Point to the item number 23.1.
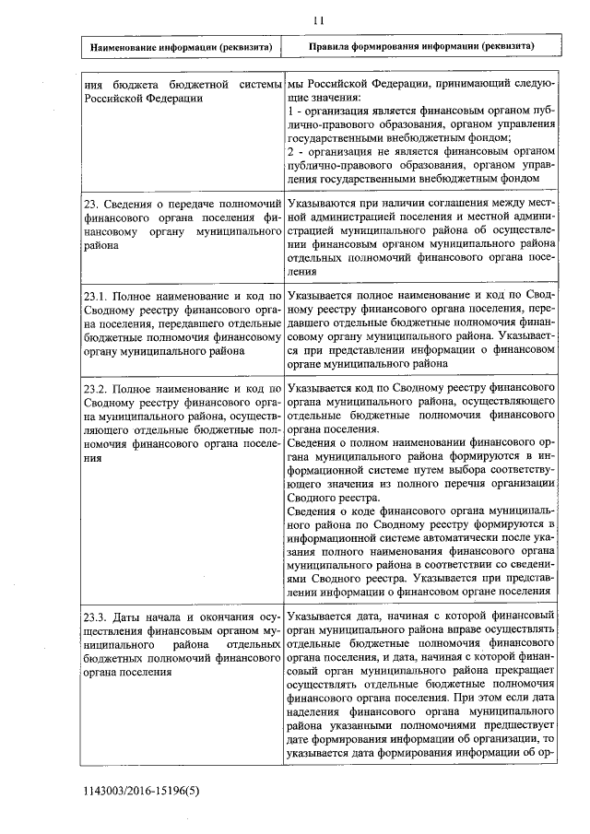97,298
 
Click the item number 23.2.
97,391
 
